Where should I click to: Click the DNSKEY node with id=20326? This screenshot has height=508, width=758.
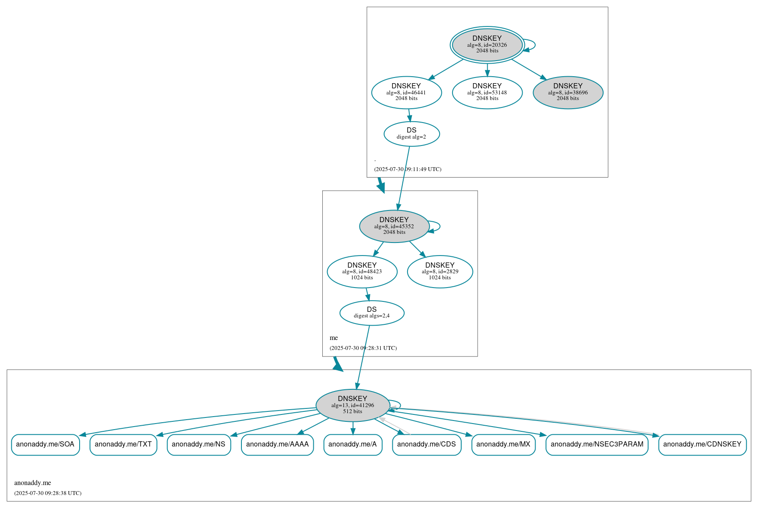(487, 45)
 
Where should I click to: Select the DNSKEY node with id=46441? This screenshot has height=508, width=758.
(406, 92)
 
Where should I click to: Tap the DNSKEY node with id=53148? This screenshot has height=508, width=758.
(487, 92)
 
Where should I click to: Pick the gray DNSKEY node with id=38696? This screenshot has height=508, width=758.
(568, 92)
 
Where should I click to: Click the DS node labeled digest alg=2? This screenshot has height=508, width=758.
(411, 134)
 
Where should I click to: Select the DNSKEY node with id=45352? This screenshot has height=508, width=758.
(394, 226)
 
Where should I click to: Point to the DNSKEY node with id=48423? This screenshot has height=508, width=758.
(362, 272)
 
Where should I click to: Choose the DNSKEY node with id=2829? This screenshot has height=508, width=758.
(440, 272)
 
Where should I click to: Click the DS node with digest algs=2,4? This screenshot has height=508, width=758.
(372, 313)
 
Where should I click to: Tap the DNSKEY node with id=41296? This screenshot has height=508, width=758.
(353, 405)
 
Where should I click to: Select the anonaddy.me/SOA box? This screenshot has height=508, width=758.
(45, 444)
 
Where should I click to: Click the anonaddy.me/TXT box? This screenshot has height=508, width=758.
(123, 444)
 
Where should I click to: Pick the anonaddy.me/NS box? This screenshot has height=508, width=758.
(199, 444)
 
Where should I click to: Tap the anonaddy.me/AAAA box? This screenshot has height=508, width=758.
(277, 444)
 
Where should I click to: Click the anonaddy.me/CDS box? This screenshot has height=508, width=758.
(427, 444)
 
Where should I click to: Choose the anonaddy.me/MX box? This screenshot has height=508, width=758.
(503, 444)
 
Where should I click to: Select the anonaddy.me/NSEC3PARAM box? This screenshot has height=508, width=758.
(597, 444)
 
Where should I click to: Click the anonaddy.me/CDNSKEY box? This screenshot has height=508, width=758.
(702, 444)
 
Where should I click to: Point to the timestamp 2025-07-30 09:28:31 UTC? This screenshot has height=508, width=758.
(363, 348)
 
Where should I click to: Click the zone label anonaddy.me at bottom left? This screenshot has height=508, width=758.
(32, 483)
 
